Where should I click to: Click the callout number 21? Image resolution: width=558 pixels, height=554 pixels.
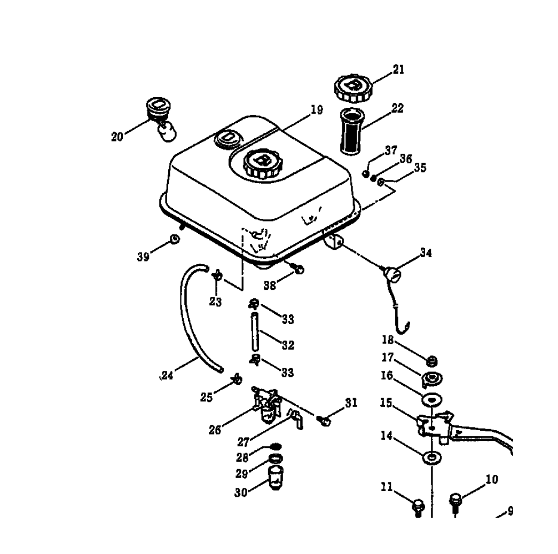click(398, 69)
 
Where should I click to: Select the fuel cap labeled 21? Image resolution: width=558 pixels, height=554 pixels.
click(351, 88)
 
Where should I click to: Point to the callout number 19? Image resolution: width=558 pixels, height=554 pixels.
click(317, 110)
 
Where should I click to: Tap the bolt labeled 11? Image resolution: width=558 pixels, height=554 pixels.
click(418, 504)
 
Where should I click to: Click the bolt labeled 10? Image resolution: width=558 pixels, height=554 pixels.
click(455, 500)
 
